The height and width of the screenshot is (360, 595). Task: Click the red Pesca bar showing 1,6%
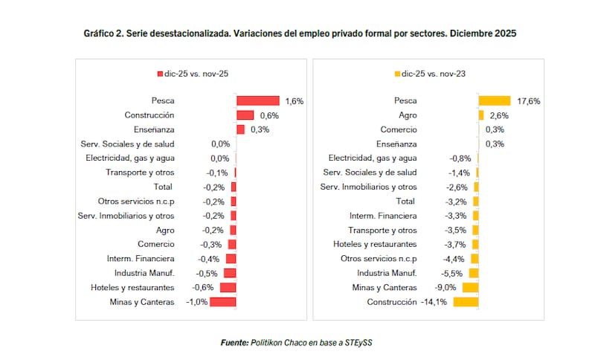tap(257, 100)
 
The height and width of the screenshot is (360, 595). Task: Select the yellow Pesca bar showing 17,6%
tap(494, 100)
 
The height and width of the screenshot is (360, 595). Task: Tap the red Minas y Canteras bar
tap(222, 302)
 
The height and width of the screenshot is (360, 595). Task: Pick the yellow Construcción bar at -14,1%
tap(465, 302)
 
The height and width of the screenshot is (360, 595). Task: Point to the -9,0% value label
tap(447, 288)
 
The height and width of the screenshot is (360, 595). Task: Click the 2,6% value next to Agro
tap(498, 115)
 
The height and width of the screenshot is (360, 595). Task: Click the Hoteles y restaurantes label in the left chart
tap(132, 288)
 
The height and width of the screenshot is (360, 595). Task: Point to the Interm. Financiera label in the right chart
tap(383, 216)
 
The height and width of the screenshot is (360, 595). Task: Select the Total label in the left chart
tap(163, 187)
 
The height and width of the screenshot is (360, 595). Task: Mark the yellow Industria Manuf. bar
tap(473, 273)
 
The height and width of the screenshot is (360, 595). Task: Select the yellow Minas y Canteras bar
tap(470, 288)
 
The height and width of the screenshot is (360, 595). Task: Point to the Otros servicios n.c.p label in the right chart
tap(379, 259)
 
